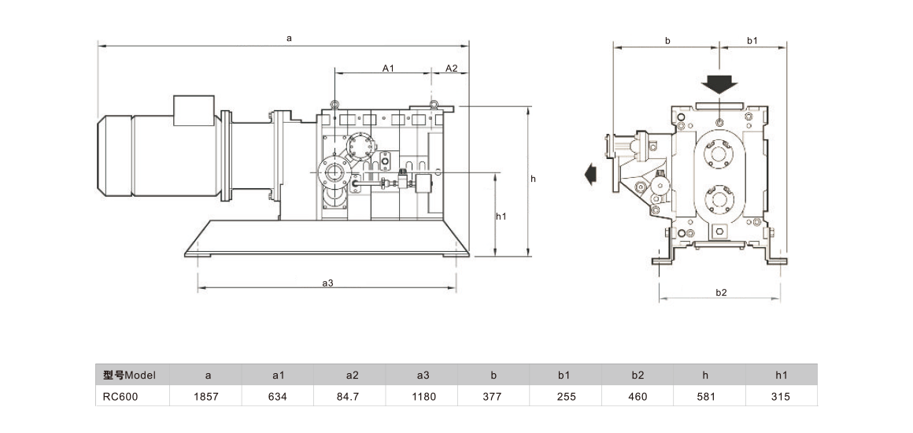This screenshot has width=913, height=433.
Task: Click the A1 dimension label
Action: click(387, 68)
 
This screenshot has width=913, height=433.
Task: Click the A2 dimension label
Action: click(451, 68)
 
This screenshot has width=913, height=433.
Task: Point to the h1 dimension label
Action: click(501, 216)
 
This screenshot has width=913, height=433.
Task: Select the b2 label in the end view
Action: click(720, 292)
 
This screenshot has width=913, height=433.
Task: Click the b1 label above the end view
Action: click(751, 39)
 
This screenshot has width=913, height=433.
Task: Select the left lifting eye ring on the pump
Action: click(334, 105)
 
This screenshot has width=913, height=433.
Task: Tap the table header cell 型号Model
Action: click(131, 375)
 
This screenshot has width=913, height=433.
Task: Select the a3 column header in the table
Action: click(423, 375)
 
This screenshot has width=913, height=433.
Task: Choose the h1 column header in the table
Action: click(782, 375)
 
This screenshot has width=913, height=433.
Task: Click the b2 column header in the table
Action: click(638, 375)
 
